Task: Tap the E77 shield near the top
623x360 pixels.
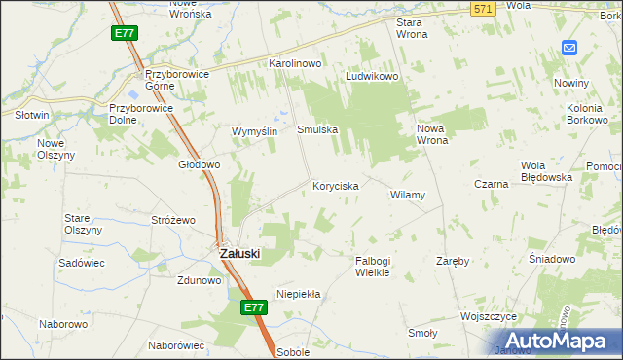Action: pyautogui.click(x=124, y=33)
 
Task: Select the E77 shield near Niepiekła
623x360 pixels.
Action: pyautogui.click(x=253, y=307)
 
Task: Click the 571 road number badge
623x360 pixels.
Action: pyautogui.click(x=482, y=9)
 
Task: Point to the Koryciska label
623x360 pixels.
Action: pyautogui.click(x=336, y=185)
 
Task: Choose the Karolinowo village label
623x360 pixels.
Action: pyautogui.click(x=295, y=63)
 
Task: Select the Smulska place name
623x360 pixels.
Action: pyautogui.click(x=316, y=128)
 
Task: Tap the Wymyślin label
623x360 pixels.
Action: pyautogui.click(x=255, y=131)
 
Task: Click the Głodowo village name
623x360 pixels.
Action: pyautogui.click(x=199, y=165)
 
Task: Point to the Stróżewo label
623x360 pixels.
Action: pyautogui.click(x=174, y=220)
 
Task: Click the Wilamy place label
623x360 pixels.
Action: pyautogui.click(x=408, y=195)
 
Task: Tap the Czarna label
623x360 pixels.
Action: pyautogui.click(x=492, y=184)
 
